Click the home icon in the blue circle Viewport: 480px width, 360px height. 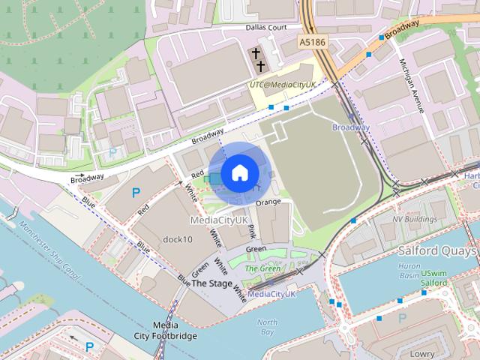coord(239,173)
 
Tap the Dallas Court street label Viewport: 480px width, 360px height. coord(266,28)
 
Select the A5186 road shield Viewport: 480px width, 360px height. coord(312,43)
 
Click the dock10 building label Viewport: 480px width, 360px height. coord(178,239)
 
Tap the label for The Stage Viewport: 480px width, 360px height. coord(211,283)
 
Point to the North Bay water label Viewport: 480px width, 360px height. coord(267,326)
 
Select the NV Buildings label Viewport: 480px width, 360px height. coord(415,219)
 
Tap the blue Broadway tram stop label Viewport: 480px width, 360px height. coord(351,127)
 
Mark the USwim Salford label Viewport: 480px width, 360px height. coord(435,279)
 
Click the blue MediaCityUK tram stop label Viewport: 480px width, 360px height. coord(271,294)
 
